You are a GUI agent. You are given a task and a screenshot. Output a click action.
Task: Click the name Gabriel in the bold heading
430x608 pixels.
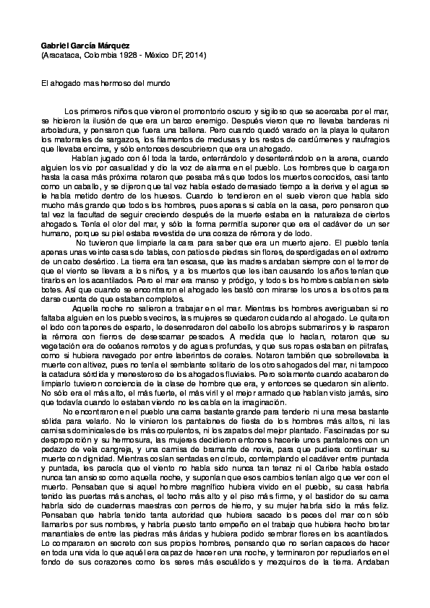(x=55, y=45)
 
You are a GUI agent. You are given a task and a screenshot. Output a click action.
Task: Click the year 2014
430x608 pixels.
(x=193, y=55)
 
